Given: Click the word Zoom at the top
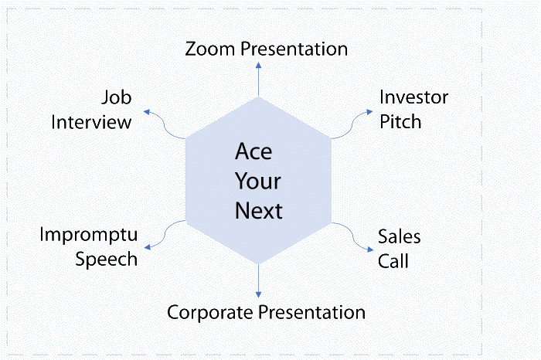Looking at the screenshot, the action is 210,49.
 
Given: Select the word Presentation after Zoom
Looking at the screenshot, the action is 294,49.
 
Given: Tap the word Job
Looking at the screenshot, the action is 117,97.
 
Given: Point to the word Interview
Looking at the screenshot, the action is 91,122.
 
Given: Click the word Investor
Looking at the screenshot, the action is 413,97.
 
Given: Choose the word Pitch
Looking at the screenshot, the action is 400,122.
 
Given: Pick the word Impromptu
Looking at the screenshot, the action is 89,236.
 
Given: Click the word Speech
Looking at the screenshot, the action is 107,260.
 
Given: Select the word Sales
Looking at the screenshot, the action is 400,236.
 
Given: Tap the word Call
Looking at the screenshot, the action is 393,260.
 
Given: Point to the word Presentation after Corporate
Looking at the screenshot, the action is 312,312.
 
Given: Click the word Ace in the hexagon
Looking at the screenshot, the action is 253,151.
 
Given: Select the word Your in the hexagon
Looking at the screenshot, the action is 258,181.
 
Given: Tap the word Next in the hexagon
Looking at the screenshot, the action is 259,211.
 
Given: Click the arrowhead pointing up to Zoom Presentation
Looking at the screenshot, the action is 258,65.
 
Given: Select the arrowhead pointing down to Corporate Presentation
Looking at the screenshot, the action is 258,295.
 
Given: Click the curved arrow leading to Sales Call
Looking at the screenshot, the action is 352,236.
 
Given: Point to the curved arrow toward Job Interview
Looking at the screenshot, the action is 165,125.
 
